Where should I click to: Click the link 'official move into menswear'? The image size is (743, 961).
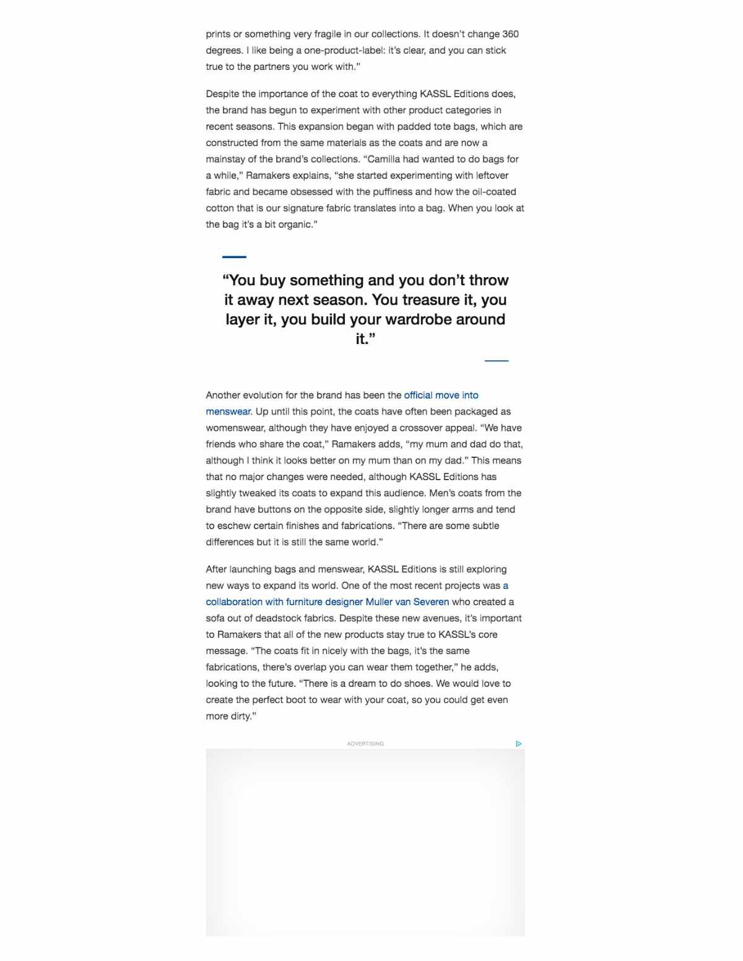(441, 395)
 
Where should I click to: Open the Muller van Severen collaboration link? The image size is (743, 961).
(327, 602)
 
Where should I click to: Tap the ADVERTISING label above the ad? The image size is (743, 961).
(365, 744)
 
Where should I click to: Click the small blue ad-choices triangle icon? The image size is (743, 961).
(518, 744)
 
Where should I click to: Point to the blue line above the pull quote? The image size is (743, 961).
(234, 257)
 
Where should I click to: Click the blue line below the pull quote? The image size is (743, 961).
(496, 360)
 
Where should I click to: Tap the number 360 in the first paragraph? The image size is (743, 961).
(510, 34)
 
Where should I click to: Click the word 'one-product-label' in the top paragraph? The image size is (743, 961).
(343, 51)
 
